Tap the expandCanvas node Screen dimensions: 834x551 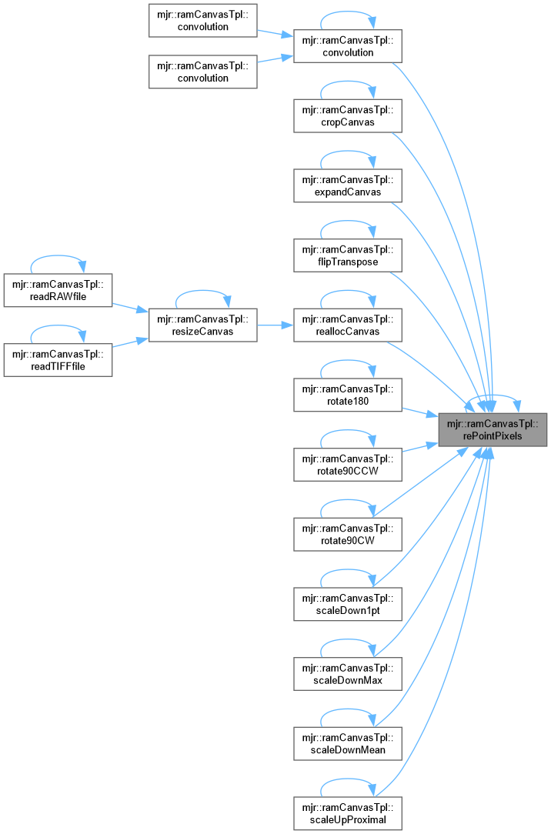348,185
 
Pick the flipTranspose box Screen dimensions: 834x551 348,255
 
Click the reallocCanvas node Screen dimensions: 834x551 348,325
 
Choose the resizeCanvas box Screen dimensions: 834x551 202,325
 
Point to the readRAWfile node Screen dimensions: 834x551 58,289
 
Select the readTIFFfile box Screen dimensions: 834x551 58,359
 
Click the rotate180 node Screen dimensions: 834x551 348,394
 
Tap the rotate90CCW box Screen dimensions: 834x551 348,464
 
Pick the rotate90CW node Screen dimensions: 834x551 348,533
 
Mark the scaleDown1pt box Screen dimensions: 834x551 348,603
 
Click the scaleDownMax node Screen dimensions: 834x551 348,672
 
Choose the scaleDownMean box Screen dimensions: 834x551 348,742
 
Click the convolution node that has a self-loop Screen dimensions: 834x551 348,46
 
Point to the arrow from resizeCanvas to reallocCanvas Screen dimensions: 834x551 275,325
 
